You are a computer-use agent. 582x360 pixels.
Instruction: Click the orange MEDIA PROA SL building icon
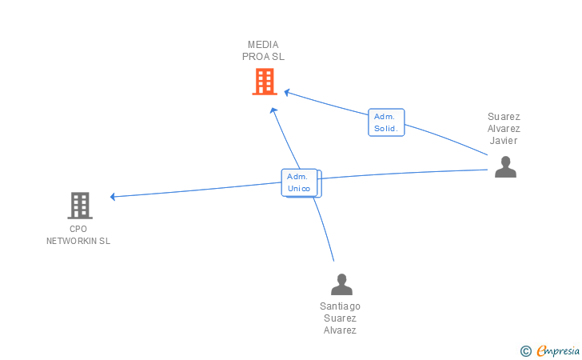click(x=265, y=82)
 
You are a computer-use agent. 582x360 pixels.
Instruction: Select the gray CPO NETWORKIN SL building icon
click(x=79, y=206)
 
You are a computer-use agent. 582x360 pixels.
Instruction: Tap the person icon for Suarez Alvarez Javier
click(x=505, y=166)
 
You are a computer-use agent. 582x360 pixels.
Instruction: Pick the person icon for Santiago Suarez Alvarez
click(x=341, y=284)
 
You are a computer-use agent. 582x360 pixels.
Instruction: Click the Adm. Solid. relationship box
click(x=386, y=122)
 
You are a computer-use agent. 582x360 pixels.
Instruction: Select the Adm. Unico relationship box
click(x=300, y=182)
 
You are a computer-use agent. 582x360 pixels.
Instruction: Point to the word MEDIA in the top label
click(x=263, y=45)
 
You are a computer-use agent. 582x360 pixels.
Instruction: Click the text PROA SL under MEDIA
click(x=263, y=57)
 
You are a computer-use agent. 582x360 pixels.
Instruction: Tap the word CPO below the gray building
click(x=78, y=229)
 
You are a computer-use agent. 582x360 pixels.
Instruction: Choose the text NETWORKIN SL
click(x=78, y=241)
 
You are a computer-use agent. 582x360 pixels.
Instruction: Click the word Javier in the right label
click(x=504, y=141)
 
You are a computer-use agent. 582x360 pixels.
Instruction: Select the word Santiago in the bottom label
click(x=340, y=306)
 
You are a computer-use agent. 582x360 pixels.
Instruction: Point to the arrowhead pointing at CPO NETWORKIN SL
click(x=114, y=196)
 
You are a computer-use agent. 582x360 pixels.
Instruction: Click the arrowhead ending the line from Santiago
click(x=273, y=110)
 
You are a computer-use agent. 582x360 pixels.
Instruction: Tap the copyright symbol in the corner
click(x=525, y=350)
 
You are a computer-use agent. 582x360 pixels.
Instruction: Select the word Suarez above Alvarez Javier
click(x=504, y=117)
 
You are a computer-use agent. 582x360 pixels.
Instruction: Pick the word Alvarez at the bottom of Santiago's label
click(x=340, y=330)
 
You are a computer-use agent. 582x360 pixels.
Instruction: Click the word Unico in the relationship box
click(x=299, y=189)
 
